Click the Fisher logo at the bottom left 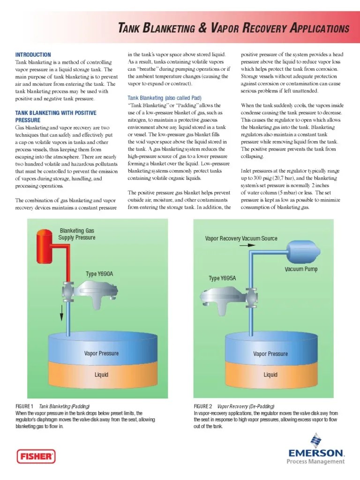[x=36, y=456]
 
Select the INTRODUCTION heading [x=33, y=55]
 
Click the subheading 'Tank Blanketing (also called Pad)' [x=165, y=98]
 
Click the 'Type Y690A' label [x=99, y=274]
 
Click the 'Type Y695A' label [x=222, y=278]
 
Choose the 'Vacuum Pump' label [x=301, y=270]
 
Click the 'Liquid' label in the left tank [x=101, y=375]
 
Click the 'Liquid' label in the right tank [x=270, y=375]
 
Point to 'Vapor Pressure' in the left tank [x=101, y=353]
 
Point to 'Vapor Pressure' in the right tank [x=270, y=354]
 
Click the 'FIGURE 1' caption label [x=25, y=406]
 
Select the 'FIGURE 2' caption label [x=203, y=406]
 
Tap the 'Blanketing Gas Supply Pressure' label [x=77, y=234]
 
